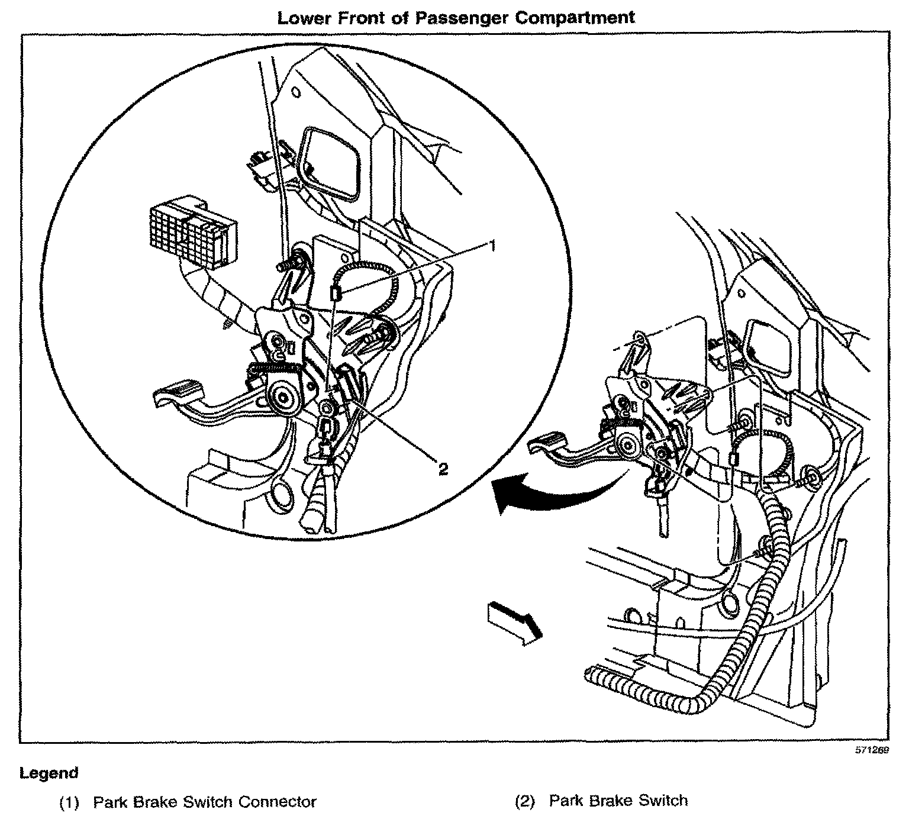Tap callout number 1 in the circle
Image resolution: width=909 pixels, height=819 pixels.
click(x=491, y=245)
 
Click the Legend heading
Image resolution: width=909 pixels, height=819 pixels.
click(x=49, y=773)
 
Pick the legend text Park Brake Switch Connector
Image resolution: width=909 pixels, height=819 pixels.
click(x=205, y=802)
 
